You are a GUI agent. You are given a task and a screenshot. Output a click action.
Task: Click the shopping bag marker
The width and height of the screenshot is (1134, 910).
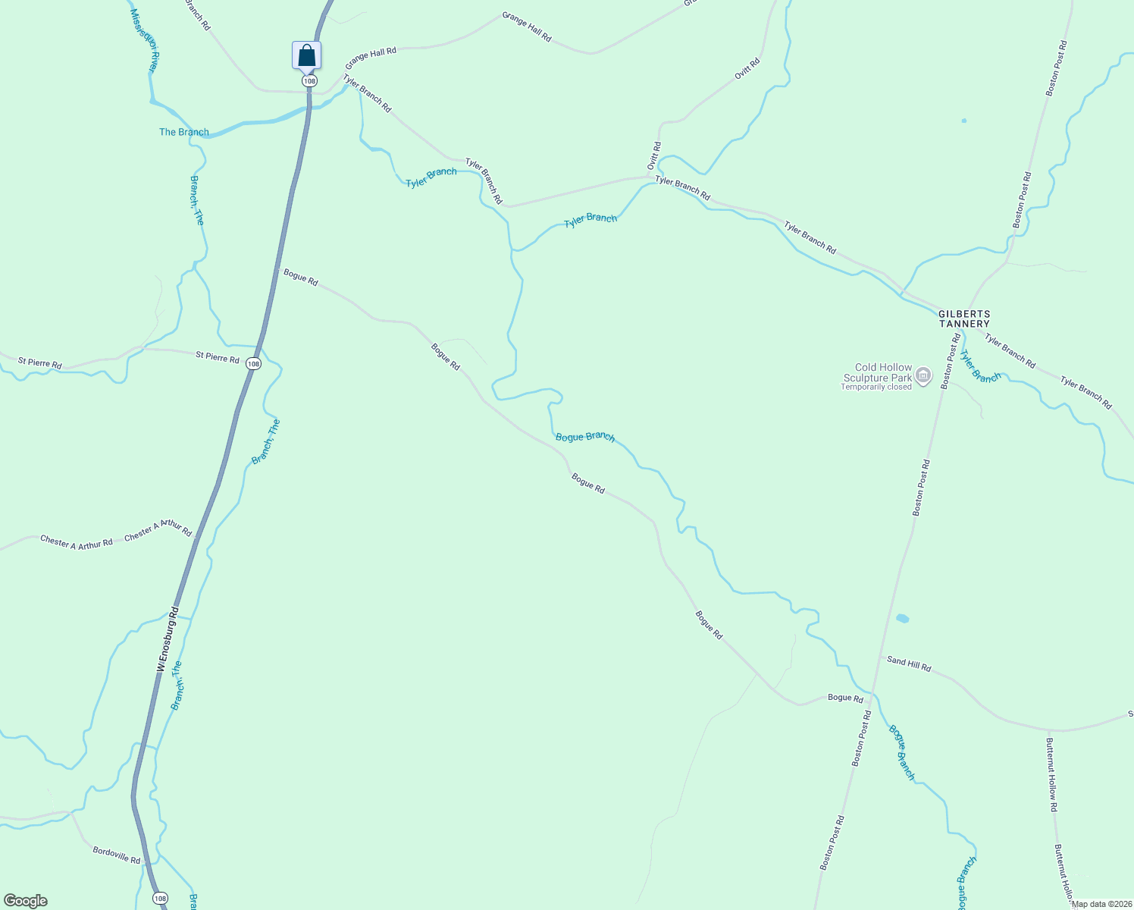click(x=306, y=55)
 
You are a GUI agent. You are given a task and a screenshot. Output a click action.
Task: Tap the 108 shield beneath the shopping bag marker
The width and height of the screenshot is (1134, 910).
click(x=309, y=80)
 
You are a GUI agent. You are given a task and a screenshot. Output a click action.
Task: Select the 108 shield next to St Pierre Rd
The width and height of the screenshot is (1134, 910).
click(x=253, y=364)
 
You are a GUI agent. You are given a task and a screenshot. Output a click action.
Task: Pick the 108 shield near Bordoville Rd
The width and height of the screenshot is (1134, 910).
click(x=160, y=899)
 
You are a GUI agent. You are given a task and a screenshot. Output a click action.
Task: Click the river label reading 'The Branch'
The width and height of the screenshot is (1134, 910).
click(x=184, y=132)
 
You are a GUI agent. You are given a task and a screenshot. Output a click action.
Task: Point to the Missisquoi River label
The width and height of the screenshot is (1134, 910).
click(x=144, y=42)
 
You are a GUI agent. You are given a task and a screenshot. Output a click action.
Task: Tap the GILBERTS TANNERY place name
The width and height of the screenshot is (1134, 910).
click(x=964, y=319)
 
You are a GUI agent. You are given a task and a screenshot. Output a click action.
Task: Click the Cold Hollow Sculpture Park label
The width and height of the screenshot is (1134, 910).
click(x=878, y=372)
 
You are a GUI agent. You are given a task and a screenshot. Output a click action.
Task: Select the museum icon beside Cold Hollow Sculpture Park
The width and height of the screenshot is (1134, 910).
click(x=923, y=375)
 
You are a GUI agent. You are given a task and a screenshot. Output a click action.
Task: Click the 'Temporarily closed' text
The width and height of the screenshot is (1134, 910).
click(x=876, y=387)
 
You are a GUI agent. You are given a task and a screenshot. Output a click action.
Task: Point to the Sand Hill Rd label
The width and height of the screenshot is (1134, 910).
click(x=909, y=664)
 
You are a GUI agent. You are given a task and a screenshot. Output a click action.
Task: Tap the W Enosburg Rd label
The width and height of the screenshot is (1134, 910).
click(x=168, y=639)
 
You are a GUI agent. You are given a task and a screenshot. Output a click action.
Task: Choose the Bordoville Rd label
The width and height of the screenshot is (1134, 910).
click(x=117, y=855)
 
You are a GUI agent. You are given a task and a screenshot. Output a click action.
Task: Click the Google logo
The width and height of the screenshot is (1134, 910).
click(x=25, y=901)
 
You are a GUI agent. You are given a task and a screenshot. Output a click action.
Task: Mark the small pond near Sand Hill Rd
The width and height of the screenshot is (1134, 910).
click(x=902, y=619)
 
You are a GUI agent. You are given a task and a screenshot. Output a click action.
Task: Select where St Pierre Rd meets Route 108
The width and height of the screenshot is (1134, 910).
click(x=258, y=351)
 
